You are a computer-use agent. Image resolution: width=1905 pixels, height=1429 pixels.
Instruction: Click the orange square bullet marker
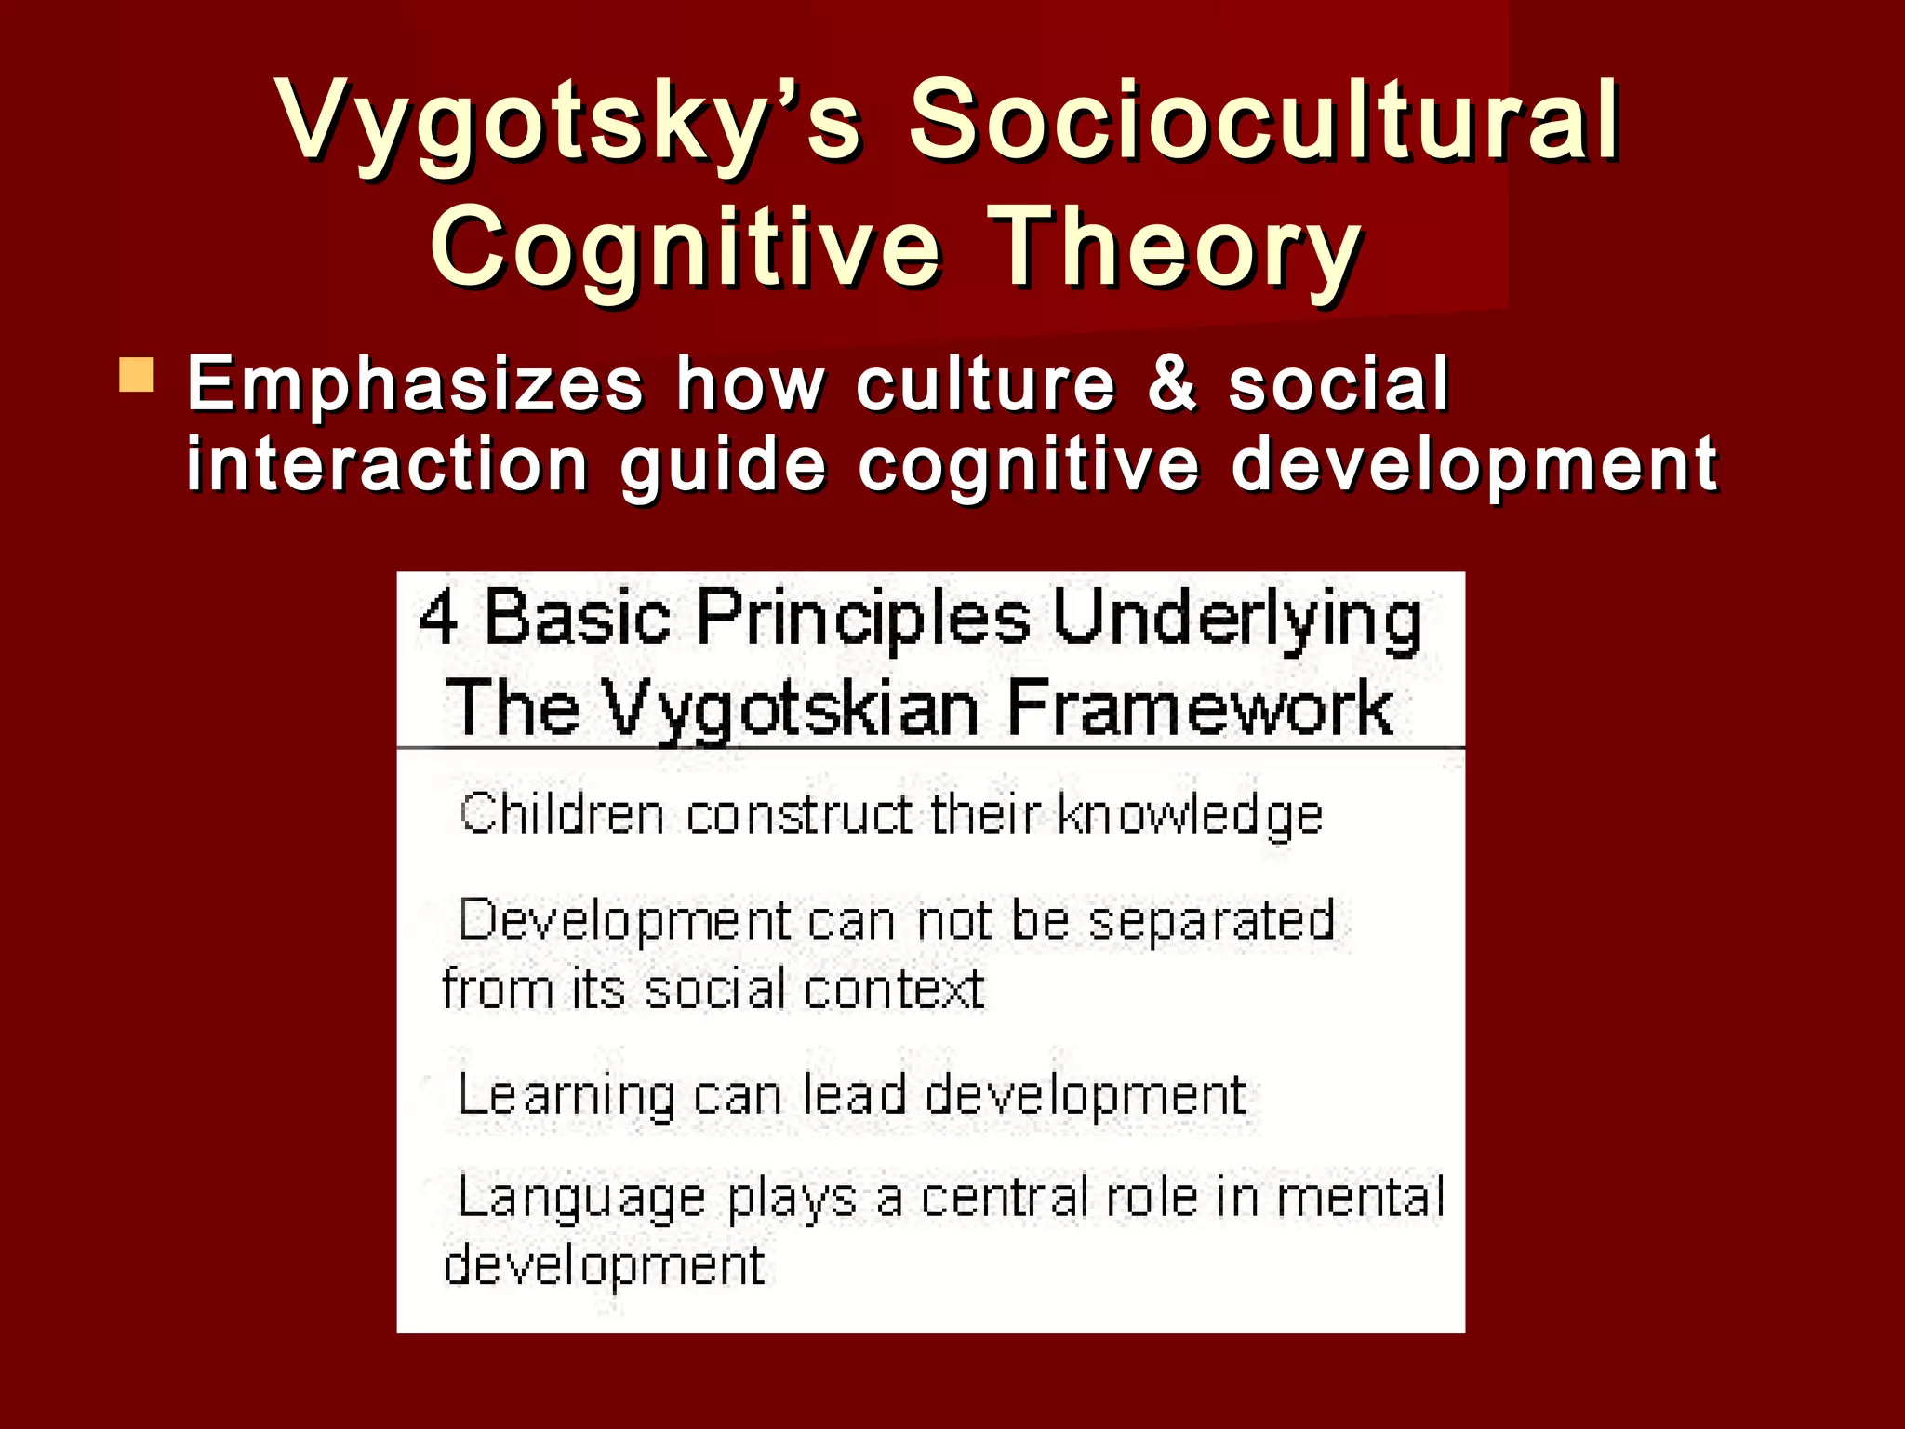pos(137,375)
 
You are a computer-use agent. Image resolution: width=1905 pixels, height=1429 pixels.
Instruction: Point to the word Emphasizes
pos(415,383)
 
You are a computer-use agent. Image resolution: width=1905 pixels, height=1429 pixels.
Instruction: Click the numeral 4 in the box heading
pos(438,618)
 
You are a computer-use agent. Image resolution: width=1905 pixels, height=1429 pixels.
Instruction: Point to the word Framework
pos(1199,709)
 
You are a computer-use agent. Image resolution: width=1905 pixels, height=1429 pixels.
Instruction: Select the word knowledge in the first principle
pos(1190,817)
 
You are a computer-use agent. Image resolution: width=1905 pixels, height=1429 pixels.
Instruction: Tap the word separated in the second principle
pos(1211,921)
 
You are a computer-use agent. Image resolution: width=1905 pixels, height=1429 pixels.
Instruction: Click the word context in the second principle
pos(894,988)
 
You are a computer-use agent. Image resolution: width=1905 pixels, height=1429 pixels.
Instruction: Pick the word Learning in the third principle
pos(566,1096)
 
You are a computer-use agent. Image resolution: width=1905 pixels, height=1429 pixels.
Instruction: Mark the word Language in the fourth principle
pos(581,1198)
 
